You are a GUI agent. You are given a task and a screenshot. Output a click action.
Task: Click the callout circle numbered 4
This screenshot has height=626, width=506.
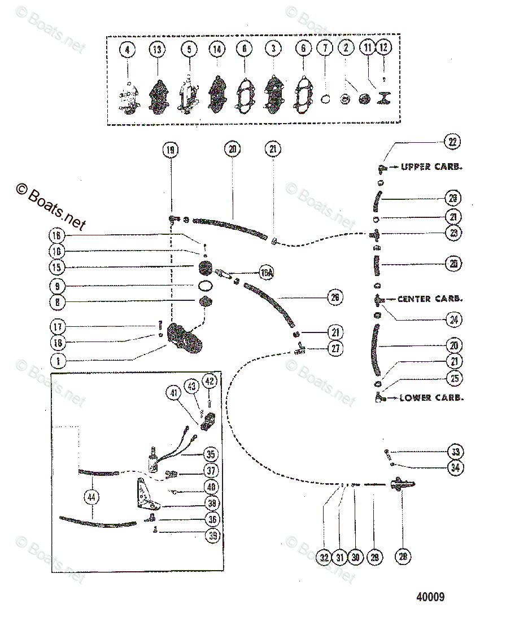click(128, 50)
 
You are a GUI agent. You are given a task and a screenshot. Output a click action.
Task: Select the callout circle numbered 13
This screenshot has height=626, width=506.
click(158, 50)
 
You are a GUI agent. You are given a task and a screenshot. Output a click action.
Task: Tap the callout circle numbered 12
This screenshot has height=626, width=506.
click(384, 49)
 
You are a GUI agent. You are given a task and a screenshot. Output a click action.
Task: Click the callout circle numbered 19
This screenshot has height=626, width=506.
click(170, 150)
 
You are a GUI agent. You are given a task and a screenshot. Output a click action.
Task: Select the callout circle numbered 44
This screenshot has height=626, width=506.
click(90, 497)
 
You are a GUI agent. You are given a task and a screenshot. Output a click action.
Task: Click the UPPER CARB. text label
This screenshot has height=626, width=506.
click(432, 167)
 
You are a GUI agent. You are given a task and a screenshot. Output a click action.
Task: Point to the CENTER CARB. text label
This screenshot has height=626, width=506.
click(430, 299)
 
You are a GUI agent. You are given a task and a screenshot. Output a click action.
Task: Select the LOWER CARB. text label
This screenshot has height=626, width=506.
click(431, 397)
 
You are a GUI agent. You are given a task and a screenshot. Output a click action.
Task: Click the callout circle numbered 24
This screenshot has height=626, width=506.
click(452, 320)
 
